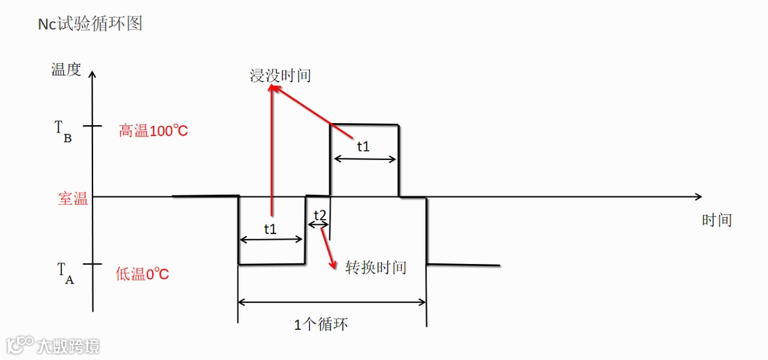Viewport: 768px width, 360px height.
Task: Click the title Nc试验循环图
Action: tap(90, 23)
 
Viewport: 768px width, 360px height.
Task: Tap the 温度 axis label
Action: tap(66, 69)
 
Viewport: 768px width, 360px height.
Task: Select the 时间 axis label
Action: tap(717, 220)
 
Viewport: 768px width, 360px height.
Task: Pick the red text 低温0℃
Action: tap(142, 274)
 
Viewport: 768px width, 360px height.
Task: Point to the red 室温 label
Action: tap(73, 199)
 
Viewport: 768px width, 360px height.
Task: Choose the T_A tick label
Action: tap(64, 272)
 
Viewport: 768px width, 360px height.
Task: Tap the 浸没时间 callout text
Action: tap(280, 75)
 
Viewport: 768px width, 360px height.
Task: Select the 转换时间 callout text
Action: tap(375, 268)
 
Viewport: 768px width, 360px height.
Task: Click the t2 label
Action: tap(319, 215)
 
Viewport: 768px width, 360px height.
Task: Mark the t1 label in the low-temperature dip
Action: tap(270, 229)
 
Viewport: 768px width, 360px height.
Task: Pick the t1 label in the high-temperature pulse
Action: tap(363, 147)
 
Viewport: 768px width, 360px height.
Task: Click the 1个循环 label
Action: tap(321, 324)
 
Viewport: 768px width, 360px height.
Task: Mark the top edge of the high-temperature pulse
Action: tap(364, 125)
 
